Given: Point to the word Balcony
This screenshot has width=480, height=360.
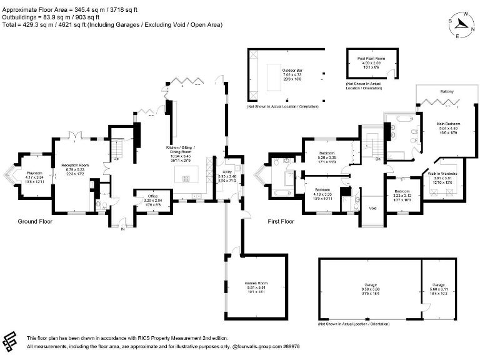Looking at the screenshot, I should (447, 92).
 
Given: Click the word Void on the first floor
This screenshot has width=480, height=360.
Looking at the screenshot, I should (373, 208).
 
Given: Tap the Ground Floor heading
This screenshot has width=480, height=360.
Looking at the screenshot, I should (35, 221).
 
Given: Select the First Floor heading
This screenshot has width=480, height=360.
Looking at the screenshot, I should (281, 221).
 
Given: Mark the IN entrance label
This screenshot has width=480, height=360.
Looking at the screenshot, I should (122, 229).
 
